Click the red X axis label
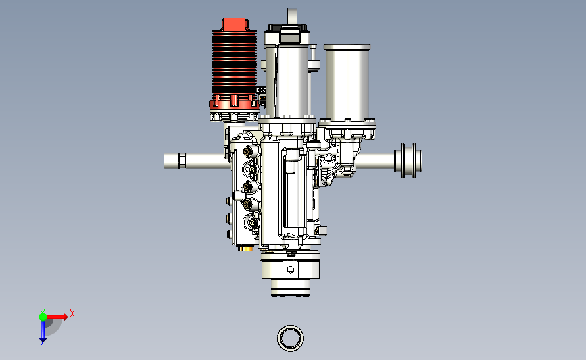tap(72, 313)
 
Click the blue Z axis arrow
tap(43, 331)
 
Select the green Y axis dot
tap(43, 317)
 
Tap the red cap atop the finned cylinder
tap(235, 24)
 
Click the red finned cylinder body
tap(235, 63)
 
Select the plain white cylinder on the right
tap(347, 84)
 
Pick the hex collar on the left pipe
tap(182, 161)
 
